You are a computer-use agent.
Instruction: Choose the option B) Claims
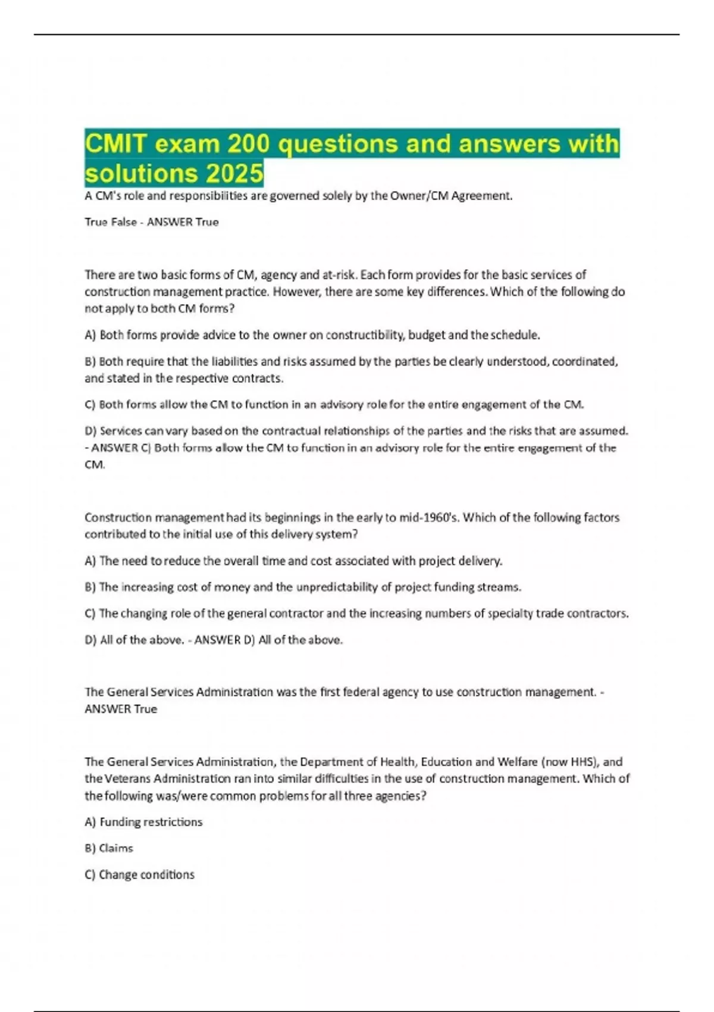coord(109,848)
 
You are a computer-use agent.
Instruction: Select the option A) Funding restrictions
coord(143,822)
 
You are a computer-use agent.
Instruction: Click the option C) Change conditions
coord(140,874)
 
